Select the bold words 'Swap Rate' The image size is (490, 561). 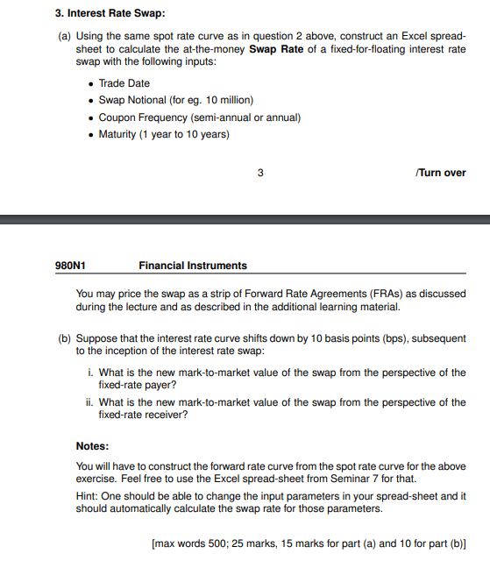[x=276, y=49]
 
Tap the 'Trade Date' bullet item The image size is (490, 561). [x=124, y=83]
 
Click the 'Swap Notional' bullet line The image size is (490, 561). [x=164, y=100]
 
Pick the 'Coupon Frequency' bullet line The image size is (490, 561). [x=199, y=117]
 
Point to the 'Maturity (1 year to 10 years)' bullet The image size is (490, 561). [x=164, y=133]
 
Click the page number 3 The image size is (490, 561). [x=260, y=173]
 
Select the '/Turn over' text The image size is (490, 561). [x=441, y=173]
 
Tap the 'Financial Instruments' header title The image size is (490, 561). [x=193, y=265]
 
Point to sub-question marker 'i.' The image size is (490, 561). [x=91, y=373]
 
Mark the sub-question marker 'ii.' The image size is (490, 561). [x=91, y=402]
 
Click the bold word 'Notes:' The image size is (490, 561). [x=92, y=445]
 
